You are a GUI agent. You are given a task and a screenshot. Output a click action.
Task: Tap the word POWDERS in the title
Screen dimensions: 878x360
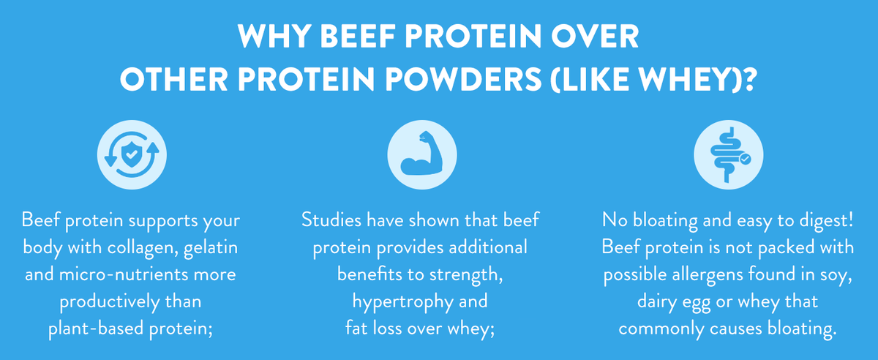tap(464, 79)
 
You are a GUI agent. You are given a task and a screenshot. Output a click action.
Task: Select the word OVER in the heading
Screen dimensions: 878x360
tap(595, 36)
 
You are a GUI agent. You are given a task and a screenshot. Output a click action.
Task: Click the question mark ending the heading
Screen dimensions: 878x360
tap(748, 79)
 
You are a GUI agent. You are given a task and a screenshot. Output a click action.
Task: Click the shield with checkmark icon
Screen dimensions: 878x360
tap(132, 154)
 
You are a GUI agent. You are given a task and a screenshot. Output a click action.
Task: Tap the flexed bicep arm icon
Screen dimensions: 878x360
tap(421, 154)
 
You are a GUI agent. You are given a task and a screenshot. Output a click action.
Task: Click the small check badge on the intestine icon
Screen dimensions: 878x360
tap(745, 159)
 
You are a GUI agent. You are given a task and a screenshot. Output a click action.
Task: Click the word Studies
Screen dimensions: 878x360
tap(331, 220)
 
